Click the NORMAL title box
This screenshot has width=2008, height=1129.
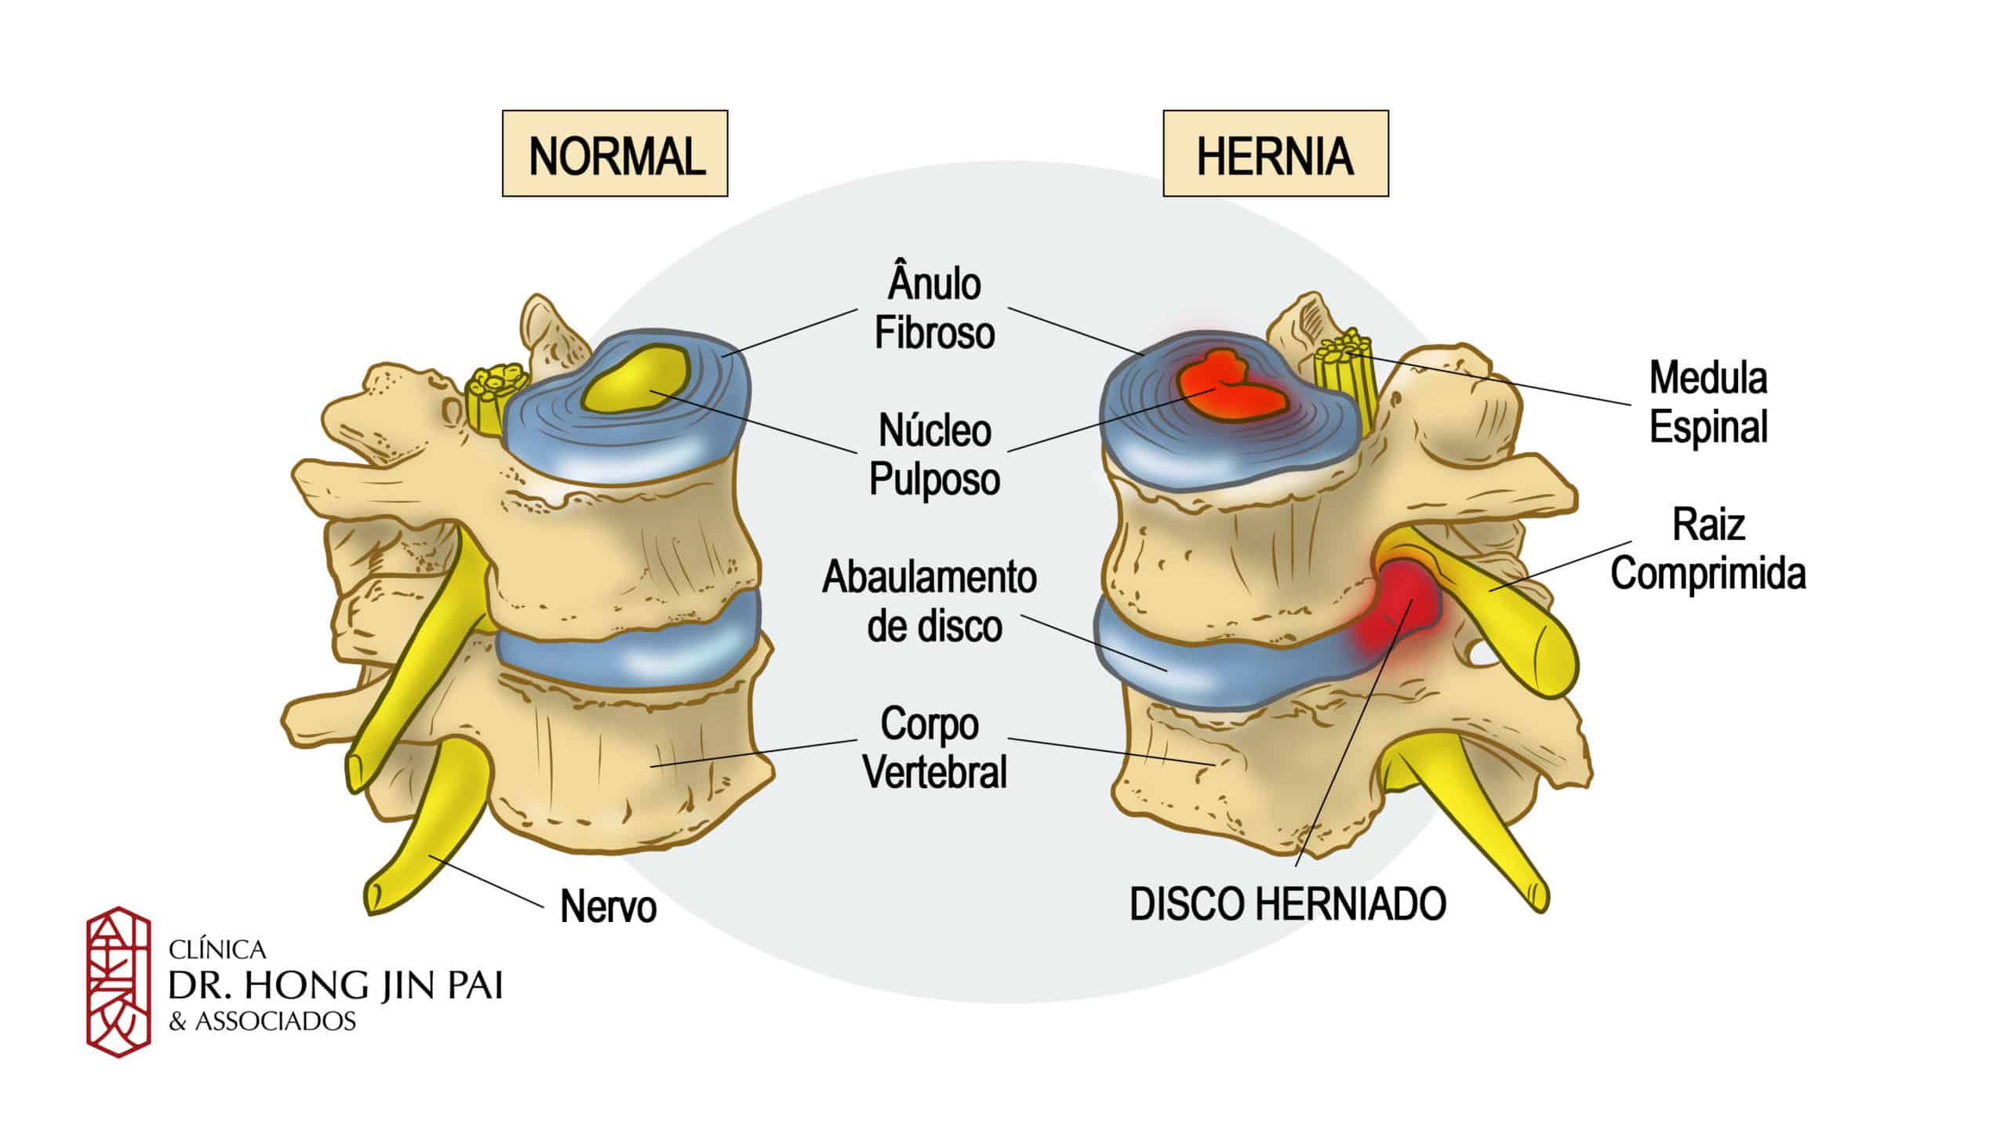pos(615,154)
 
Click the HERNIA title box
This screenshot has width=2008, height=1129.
pos(1275,154)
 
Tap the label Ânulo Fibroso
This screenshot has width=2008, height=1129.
pos(933,308)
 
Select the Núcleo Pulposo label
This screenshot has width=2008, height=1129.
pos(933,455)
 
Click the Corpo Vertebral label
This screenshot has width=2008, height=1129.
pos(933,748)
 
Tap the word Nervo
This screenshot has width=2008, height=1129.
pos(608,907)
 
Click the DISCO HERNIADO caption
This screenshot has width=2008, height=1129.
pos(1287,904)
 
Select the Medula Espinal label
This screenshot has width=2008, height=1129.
pos(1708,402)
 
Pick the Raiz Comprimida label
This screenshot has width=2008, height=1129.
pos(1708,549)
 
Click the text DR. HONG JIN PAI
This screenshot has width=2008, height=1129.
pos(336,986)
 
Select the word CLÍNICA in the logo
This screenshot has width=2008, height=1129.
pos(217,950)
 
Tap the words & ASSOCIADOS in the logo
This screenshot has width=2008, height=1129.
pos(263,1022)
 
